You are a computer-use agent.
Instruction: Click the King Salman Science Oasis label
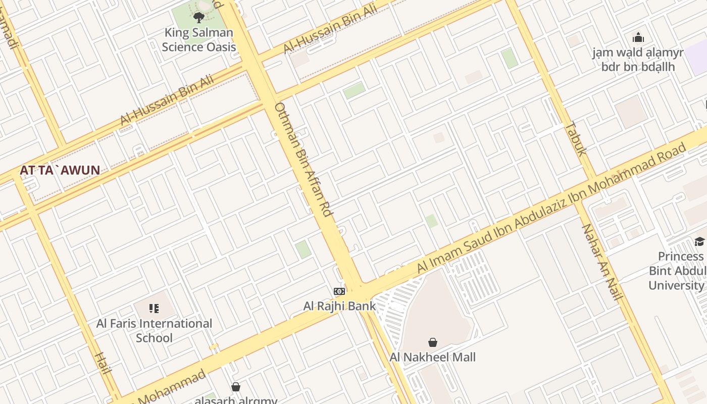tap(199, 40)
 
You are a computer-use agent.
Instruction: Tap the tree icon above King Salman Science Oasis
tap(199, 18)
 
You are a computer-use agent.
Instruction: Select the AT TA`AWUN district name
tap(60, 170)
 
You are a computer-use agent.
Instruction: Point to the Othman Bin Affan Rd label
tap(304, 160)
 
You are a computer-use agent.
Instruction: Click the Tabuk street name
tap(575, 138)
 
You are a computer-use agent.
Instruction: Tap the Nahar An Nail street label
tap(602, 262)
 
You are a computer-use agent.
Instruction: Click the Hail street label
tap(103, 363)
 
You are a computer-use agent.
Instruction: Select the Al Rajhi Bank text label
tap(339, 306)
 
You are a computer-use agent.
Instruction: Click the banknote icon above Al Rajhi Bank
tap(339, 291)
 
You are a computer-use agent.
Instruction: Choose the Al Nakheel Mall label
tap(432, 358)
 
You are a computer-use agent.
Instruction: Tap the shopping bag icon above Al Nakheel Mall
tap(432, 342)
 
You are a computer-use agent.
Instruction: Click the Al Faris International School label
tap(154, 330)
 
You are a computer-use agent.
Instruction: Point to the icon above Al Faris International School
tap(154, 308)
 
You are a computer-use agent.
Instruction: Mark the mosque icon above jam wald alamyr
tap(638, 37)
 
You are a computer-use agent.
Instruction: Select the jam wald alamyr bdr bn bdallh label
tap(638, 60)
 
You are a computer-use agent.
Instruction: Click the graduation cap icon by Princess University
tap(699, 241)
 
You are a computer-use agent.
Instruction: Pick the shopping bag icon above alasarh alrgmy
tap(236, 387)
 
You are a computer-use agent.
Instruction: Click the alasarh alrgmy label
tap(236, 400)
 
